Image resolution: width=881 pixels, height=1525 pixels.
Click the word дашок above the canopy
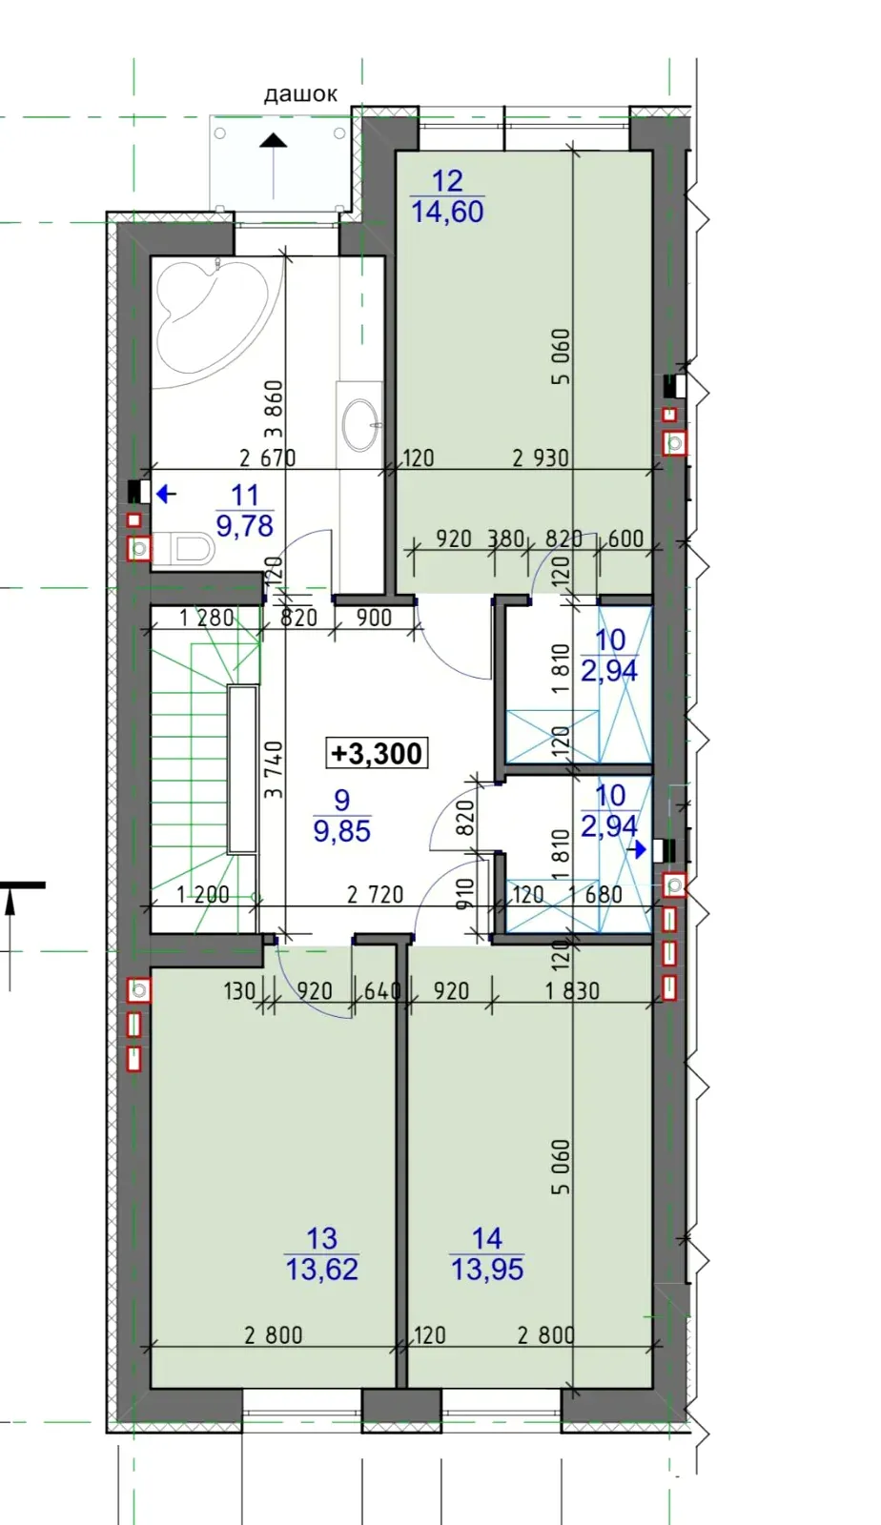[300, 94]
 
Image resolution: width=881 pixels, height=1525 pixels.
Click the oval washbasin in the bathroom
[359, 425]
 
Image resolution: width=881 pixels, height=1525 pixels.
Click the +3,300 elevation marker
[377, 753]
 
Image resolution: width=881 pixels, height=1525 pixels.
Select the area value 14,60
[447, 212]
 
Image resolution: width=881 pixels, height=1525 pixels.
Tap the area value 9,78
[244, 525]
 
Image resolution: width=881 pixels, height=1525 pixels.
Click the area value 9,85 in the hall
[341, 830]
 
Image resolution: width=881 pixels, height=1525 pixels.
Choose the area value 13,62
[321, 1270]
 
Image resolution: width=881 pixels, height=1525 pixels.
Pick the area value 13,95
[487, 1270]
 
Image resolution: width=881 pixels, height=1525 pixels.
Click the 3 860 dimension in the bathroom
[273, 409]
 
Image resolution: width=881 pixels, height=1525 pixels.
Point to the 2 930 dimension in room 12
[541, 458]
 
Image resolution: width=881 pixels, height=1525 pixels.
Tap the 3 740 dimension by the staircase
[273, 769]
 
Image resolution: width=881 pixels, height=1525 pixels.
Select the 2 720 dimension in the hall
[375, 894]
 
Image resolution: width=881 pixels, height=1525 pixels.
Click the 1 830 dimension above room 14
[572, 991]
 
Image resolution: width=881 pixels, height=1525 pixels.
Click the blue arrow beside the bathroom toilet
[166, 494]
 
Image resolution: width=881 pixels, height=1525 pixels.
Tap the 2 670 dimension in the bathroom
[268, 458]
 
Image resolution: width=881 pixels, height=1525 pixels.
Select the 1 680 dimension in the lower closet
[595, 894]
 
